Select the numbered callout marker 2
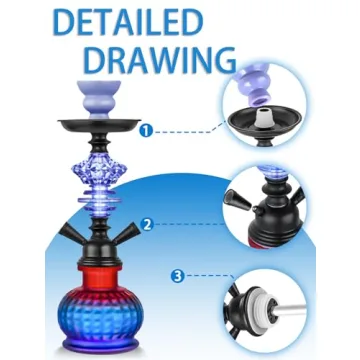click(x=147, y=225)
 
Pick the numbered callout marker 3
click(x=178, y=276)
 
